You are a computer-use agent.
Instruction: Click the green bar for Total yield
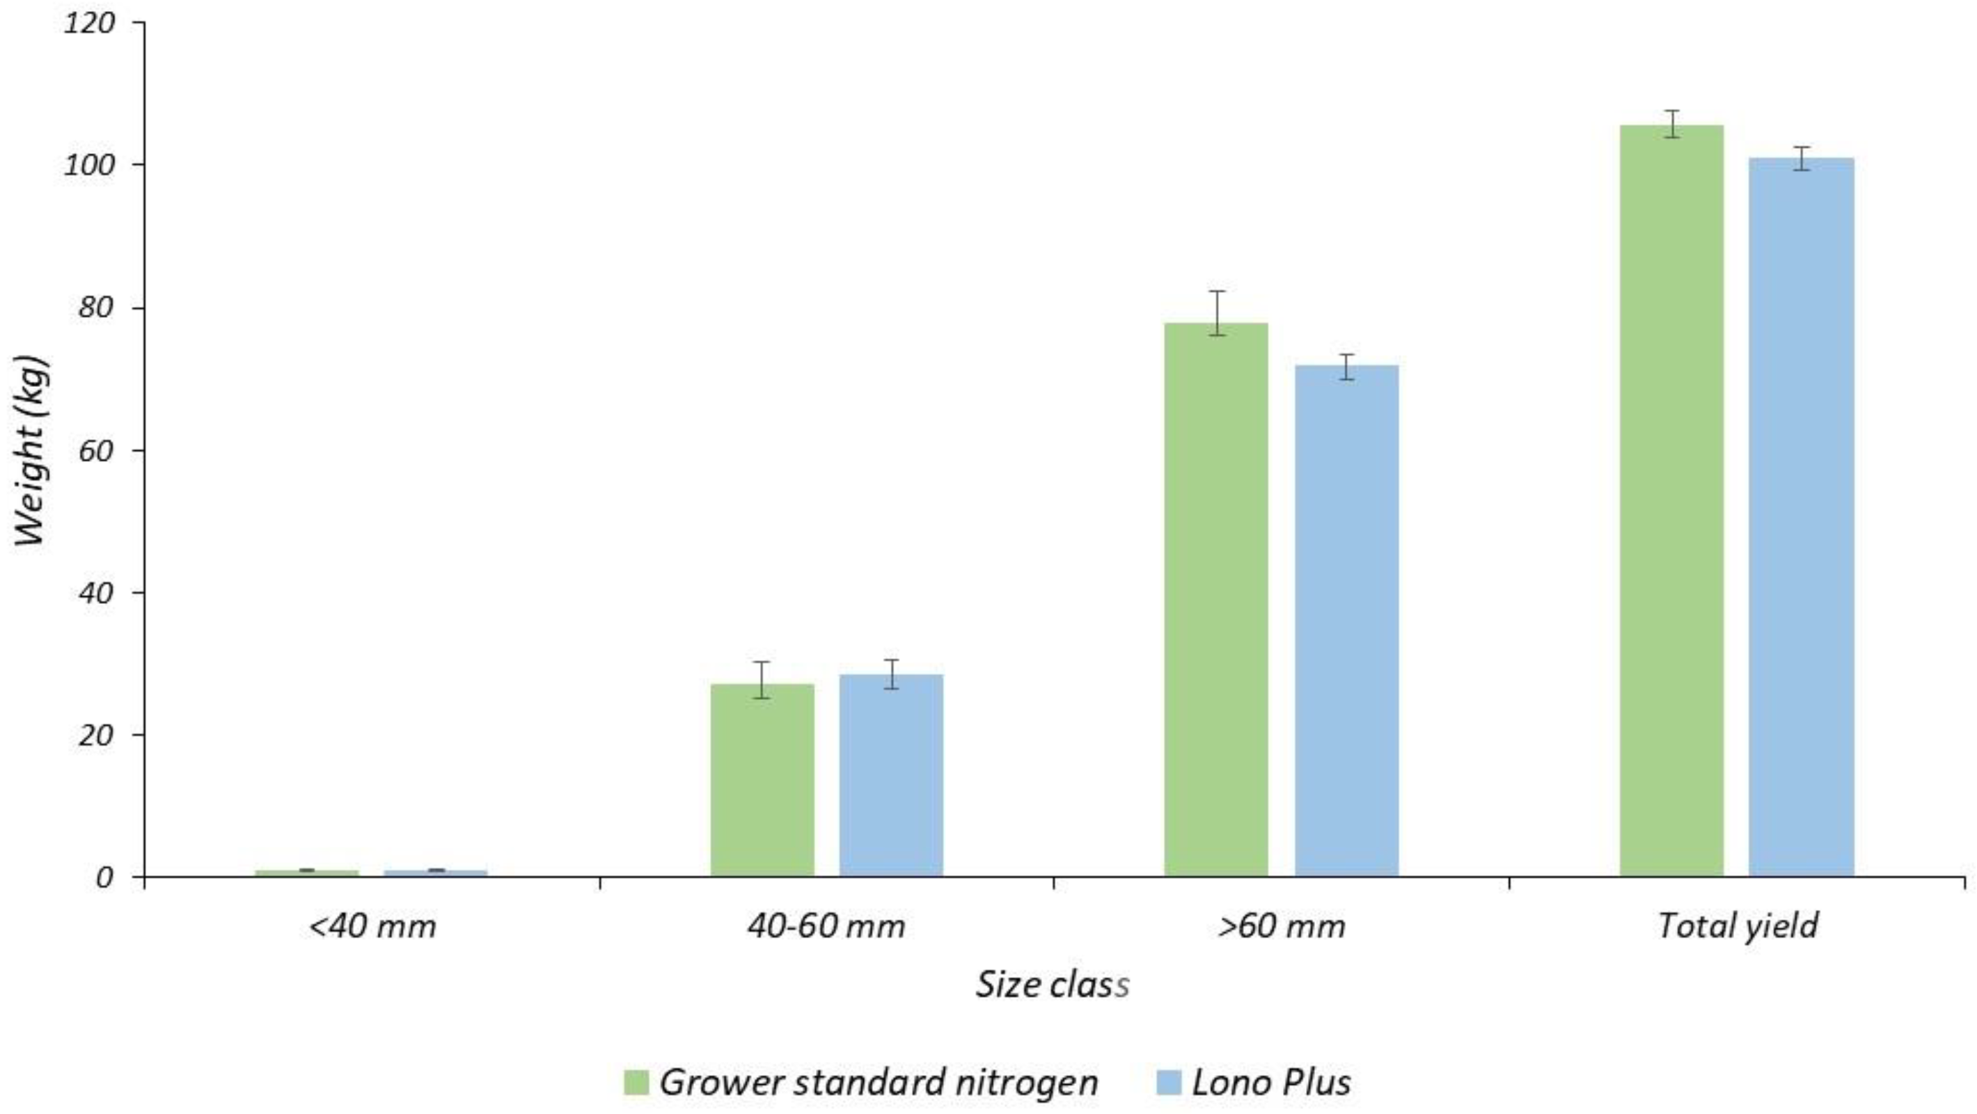(1671, 499)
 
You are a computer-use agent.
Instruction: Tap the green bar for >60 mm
(1215, 598)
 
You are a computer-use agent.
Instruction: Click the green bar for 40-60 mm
(762, 779)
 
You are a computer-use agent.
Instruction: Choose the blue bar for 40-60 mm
(891, 775)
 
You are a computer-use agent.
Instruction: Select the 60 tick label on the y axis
(96, 450)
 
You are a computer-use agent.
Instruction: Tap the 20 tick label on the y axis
(96, 735)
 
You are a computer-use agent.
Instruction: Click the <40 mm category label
(372, 927)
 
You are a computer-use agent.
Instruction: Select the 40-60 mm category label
(826, 927)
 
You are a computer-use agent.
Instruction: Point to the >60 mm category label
(1282, 927)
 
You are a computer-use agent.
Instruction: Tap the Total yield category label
(1738, 927)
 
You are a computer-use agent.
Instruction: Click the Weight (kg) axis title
(32, 450)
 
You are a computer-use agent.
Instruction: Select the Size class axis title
(1053, 985)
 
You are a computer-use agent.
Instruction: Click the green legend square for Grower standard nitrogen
(636, 1083)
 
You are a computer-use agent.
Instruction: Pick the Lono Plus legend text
(1271, 1083)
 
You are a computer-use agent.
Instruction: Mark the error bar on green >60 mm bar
(1215, 312)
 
